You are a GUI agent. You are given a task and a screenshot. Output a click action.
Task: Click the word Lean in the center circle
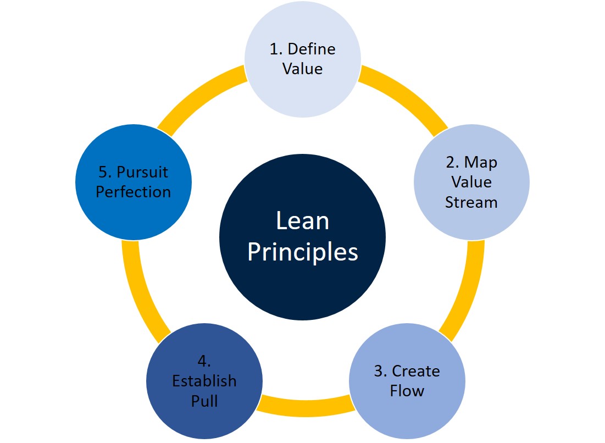pyautogui.click(x=302, y=221)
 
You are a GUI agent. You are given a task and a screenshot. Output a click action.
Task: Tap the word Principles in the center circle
pyautogui.click(x=302, y=252)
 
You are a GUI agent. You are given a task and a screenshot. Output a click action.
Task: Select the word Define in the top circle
pyautogui.click(x=311, y=49)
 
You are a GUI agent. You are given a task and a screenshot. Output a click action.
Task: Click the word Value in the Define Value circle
pyautogui.click(x=302, y=69)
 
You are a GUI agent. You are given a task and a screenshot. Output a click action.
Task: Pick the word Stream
pyautogui.click(x=471, y=202)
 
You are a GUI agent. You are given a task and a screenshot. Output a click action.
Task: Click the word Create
pyautogui.click(x=416, y=371)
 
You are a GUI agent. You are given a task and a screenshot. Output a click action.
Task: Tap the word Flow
pyautogui.click(x=407, y=391)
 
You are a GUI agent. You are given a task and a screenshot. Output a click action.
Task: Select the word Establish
pyautogui.click(x=204, y=381)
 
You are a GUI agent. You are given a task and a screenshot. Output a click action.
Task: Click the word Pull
pyautogui.click(x=204, y=401)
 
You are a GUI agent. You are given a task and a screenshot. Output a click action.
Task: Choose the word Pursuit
pyautogui.click(x=142, y=172)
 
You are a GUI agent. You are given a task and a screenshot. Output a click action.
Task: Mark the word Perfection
pyautogui.click(x=134, y=192)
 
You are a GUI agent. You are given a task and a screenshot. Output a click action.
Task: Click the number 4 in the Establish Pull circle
pyautogui.click(x=202, y=361)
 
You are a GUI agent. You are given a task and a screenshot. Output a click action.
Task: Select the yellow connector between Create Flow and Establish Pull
pyautogui.click(x=305, y=406)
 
